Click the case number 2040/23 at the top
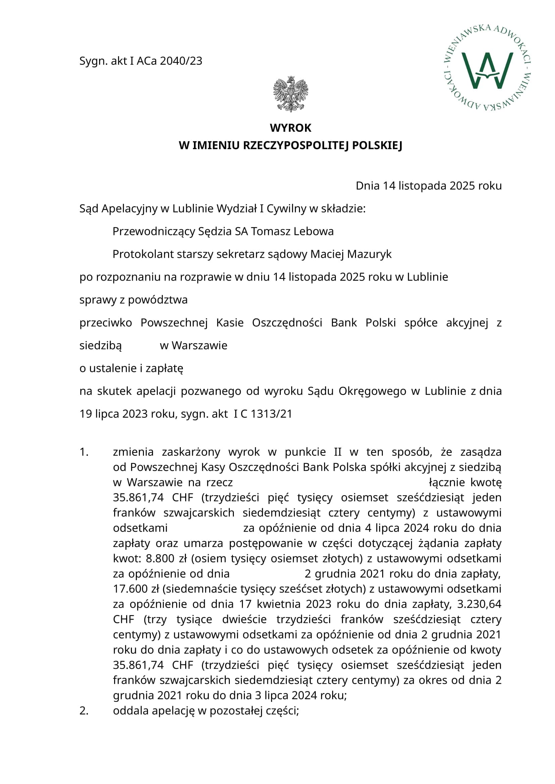pyautogui.click(x=181, y=61)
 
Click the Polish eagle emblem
pyautogui.click(x=291, y=94)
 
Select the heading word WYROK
pyautogui.click(x=291, y=128)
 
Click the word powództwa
pyautogui.click(x=158, y=300)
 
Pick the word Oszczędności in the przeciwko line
pyautogui.click(x=287, y=323)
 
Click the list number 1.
pyautogui.click(x=84, y=452)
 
